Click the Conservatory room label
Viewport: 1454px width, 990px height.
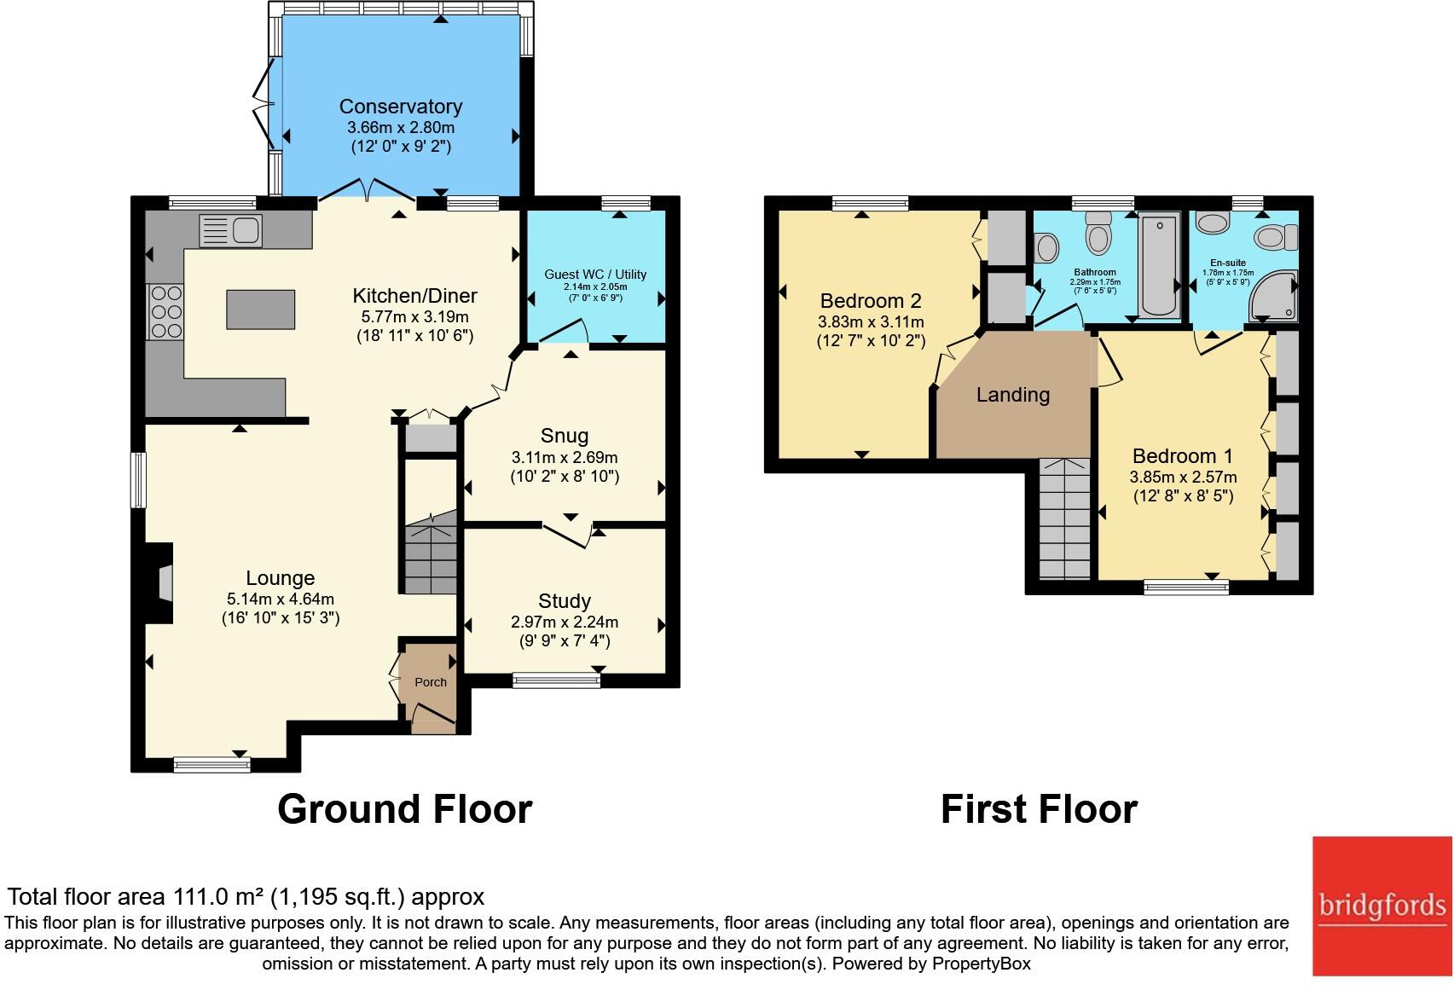point(401,107)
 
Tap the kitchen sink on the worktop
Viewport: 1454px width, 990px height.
point(230,230)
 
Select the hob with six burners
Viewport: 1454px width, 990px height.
point(165,311)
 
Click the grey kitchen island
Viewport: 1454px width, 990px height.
point(261,310)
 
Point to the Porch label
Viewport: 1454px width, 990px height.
point(431,682)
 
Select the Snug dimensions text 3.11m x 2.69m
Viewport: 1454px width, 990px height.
point(565,457)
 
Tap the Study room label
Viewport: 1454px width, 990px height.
point(565,601)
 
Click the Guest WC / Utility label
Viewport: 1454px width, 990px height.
point(595,274)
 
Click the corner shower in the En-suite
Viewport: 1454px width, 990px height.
point(1273,296)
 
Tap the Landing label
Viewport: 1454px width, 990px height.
point(1013,395)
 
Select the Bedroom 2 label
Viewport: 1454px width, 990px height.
point(871,301)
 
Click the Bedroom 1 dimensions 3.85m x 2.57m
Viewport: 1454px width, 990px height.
point(1184,478)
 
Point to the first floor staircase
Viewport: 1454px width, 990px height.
point(1064,520)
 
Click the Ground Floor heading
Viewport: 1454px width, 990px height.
point(405,808)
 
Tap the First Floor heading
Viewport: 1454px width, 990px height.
point(1039,808)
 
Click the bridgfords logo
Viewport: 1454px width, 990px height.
point(1382,906)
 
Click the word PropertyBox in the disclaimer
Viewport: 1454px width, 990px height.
point(981,964)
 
